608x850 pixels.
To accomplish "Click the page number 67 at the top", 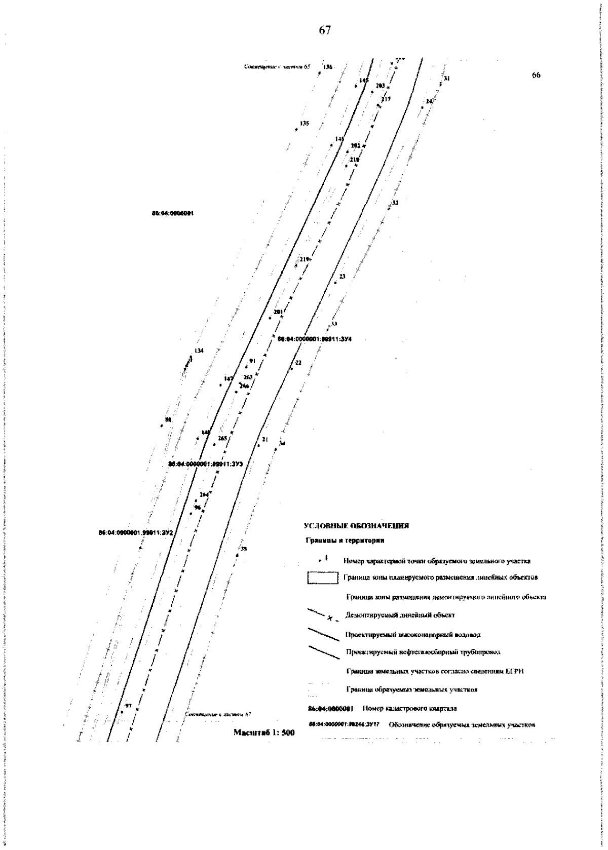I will [x=325, y=30].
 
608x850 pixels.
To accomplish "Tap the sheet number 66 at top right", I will [x=536, y=75].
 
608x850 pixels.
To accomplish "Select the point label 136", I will [x=327, y=67].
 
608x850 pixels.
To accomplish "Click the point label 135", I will [x=304, y=123].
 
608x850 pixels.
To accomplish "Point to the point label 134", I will [x=199, y=351].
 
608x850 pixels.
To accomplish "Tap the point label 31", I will [x=446, y=79].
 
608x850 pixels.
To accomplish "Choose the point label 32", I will [x=395, y=203].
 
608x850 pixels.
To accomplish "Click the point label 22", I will [x=298, y=363].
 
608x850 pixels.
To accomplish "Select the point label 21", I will [x=264, y=440].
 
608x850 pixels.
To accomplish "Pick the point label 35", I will [x=244, y=549].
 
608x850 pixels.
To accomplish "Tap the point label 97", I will [x=128, y=706].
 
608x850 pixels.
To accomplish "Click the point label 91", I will [x=252, y=361].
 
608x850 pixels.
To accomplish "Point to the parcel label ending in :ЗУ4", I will [x=315, y=339].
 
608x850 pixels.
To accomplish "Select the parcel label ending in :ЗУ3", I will [x=206, y=463].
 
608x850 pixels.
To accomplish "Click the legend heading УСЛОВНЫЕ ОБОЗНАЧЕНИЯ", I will [x=356, y=526].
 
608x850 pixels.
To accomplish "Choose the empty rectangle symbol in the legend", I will [x=323, y=578].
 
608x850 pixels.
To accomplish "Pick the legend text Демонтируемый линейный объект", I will [x=400, y=615].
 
